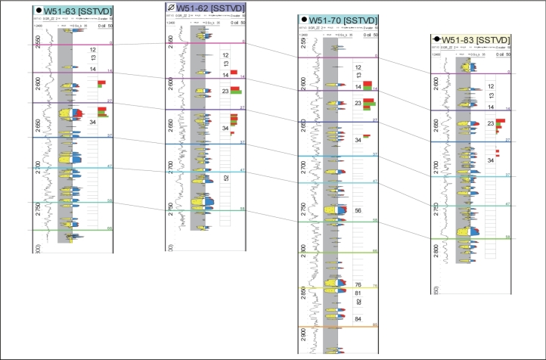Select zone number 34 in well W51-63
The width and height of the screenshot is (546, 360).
tap(92, 122)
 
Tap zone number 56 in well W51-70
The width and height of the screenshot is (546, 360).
tap(358, 211)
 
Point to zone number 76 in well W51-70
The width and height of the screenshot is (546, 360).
tap(358, 284)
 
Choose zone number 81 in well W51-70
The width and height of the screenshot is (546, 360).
tap(358, 293)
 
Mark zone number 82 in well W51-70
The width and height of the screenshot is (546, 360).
tap(358, 302)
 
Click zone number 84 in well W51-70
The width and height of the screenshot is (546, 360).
tap(358, 318)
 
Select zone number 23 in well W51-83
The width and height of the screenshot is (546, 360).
tap(491, 123)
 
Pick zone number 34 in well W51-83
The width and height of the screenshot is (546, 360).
tap(491, 160)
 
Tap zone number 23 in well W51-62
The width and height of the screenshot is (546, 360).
tap(225, 91)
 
